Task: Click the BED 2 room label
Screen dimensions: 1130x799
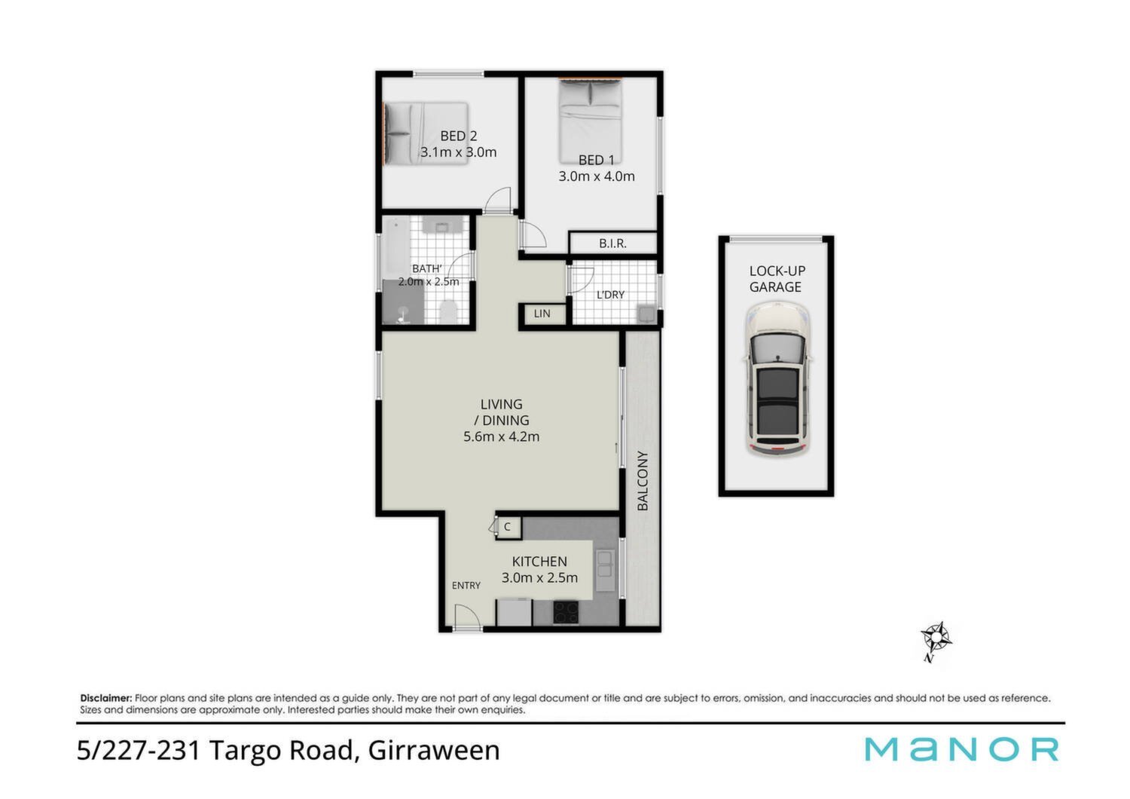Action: coord(458,136)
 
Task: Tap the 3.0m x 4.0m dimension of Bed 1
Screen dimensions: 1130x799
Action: coord(597,176)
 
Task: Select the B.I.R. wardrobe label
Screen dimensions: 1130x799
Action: coord(613,243)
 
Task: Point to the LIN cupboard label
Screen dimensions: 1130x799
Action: coord(542,314)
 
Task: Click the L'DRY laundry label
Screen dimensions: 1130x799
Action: coord(610,295)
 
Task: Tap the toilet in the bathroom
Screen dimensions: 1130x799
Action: coord(447,311)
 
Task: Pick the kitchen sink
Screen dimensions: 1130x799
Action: coord(606,571)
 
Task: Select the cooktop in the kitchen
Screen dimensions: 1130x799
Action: coord(566,612)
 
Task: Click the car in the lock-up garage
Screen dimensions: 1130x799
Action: coord(777,379)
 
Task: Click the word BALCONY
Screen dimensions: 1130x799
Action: coord(642,480)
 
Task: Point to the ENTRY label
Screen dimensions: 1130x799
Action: coord(466,586)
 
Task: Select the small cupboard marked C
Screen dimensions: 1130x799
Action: coord(508,527)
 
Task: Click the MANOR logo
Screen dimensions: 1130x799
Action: coord(961,749)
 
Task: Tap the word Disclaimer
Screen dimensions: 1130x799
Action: coord(106,698)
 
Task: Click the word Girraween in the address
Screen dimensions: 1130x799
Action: coord(434,750)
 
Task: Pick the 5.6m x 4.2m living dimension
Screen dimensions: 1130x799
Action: coord(502,436)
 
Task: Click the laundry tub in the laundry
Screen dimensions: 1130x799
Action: coord(647,314)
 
